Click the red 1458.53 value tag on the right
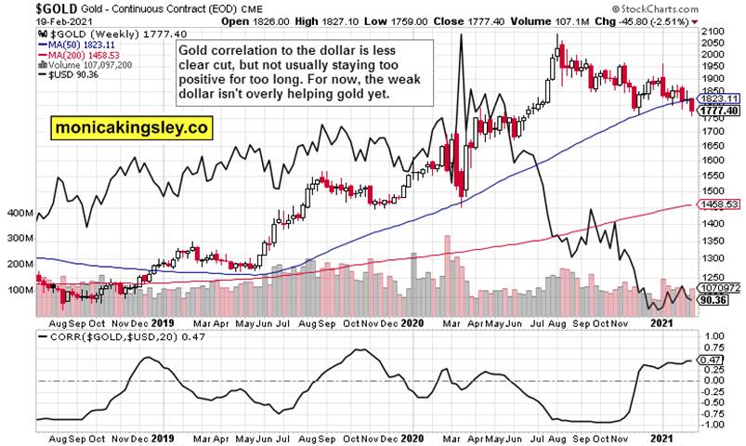[x=720, y=204]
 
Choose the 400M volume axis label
[x=19, y=214]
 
